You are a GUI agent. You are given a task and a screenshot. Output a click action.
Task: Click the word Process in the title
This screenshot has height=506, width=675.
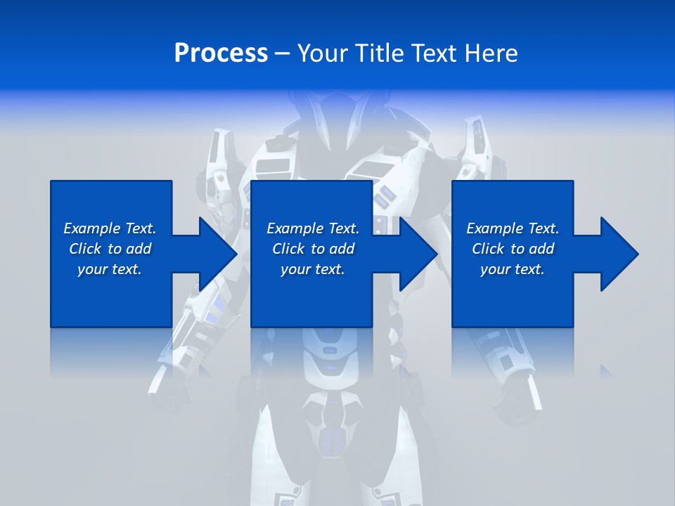221,53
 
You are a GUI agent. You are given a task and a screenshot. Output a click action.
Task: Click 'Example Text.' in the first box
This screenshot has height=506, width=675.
110,228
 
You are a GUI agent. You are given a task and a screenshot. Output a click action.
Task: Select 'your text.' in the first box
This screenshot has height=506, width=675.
110,269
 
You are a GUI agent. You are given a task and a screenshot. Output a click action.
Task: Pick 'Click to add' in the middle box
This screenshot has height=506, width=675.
313,249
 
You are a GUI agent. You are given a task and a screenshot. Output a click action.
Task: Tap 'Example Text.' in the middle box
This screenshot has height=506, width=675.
313,228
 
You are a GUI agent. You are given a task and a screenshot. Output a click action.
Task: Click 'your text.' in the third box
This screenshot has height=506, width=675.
513,269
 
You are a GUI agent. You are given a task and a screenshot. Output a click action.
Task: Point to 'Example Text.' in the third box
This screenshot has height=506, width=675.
513,228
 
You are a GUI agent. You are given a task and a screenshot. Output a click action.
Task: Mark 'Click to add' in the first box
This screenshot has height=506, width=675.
110,249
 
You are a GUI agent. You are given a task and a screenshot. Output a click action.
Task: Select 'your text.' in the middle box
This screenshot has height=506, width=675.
313,269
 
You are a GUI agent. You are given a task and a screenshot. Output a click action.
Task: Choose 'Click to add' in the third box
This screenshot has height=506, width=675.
513,249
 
